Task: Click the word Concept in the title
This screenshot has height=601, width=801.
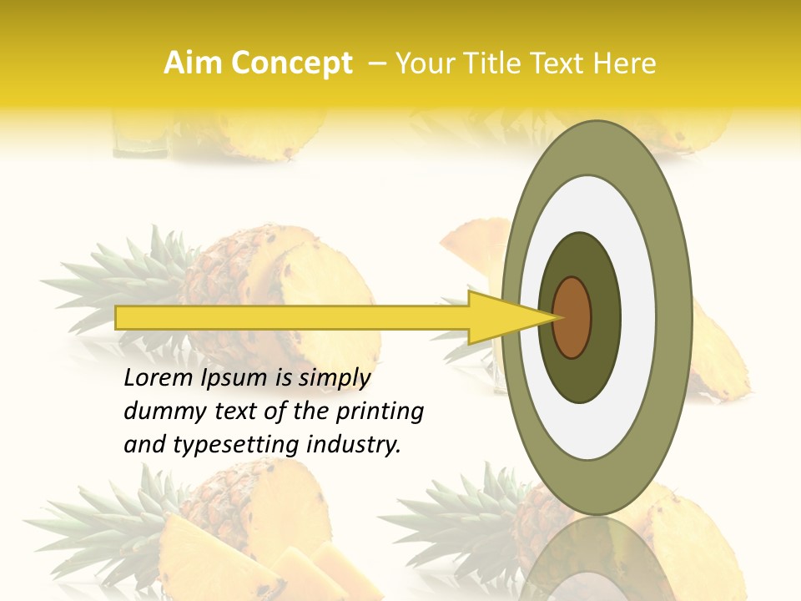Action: coord(292,64)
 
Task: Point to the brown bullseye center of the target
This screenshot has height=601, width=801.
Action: coord(572,317)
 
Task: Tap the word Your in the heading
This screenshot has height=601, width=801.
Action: coord(421,63)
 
